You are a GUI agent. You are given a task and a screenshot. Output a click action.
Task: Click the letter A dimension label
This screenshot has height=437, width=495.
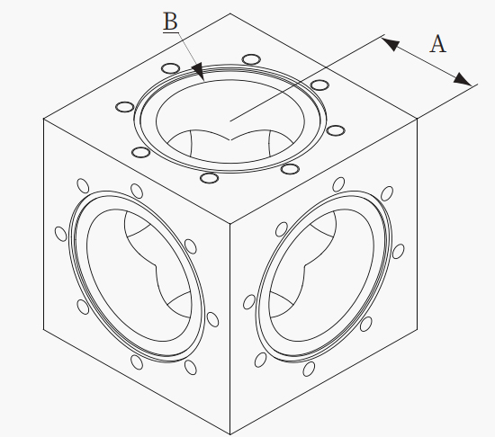pyautogui.click(x=438, y=44)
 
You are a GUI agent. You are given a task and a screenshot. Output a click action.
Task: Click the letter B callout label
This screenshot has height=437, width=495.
pyautogui.click(x=170, y=22)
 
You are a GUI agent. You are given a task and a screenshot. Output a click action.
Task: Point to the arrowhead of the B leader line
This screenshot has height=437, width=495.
pyautogui.click(x=199, y=71)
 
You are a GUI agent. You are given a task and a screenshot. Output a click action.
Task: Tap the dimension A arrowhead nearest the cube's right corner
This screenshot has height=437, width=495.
pyautogui.click(x=463, y=79)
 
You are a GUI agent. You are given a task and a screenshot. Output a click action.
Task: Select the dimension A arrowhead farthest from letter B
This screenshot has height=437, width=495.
pyautogui.click(x=463, y=79)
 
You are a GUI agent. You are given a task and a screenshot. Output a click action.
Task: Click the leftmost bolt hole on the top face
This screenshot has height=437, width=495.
pyautogui.click(x=125, y=107)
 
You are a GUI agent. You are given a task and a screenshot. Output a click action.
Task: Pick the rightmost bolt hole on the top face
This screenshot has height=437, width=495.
pyautogui.click(x=336, y=130)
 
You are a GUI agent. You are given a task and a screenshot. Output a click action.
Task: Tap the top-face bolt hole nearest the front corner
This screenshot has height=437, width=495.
pyautogui.click(x=210, y=178)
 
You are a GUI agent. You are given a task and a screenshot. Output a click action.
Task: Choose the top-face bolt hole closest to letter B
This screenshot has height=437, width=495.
pyautogui.click(x=170, y=68)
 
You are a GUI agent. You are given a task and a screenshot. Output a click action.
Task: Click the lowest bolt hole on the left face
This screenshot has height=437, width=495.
pyautogui.click(x=191, y=367)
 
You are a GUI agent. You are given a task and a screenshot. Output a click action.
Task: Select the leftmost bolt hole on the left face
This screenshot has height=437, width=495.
pyautogui.click(x=61, y=234)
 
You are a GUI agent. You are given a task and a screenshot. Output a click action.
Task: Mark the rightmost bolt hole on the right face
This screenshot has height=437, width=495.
pyautogui.click(x=398, y=251)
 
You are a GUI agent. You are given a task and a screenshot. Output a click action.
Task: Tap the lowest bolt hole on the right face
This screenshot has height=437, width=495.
pyautogui.click(x=309, y=369)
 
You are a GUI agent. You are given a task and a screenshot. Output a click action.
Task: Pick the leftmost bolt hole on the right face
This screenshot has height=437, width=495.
pyautogui.click(x=249, y=302)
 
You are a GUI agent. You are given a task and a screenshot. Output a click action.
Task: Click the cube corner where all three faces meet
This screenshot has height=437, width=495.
pyautogui.click(x=230, y=224)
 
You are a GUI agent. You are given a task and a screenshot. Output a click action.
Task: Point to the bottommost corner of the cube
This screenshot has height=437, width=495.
pyautogui.click(x=230, y=434)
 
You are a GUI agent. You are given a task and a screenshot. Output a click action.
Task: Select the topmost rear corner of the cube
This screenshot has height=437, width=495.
pyautogui.click(x=230, y=13)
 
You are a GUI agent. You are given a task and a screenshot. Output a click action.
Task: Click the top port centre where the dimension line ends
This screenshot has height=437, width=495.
pyautogui.click(x=230, y=120)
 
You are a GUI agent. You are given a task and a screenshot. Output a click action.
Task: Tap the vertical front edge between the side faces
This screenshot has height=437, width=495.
pyautogui.click(x=230, y=329)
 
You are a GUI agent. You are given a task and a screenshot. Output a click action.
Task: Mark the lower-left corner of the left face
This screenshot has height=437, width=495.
pyautogui.click(x=43, y=329)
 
